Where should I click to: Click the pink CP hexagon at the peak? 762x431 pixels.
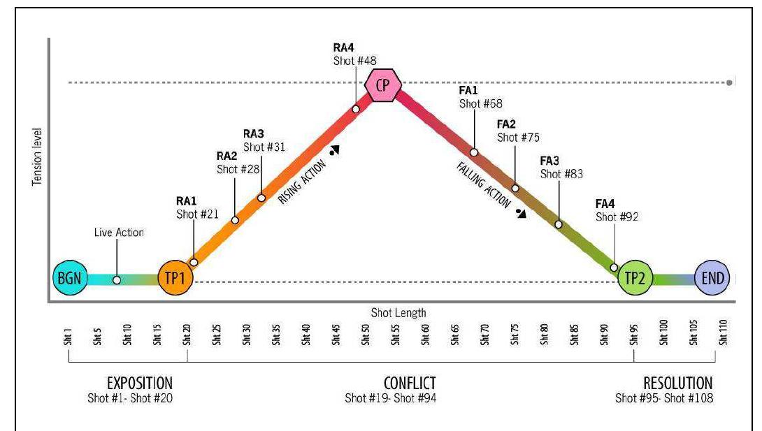[x=382, y=86]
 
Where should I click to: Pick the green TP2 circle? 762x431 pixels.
[x=636, y=278]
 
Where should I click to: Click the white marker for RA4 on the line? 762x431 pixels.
[x=356, y=109]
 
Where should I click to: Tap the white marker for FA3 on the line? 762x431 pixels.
[x=559, y=224]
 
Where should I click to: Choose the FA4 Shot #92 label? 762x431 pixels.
[x=617, y=210]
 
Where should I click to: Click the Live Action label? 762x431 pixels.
[x=119, y=233]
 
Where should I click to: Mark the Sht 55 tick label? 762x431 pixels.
[x=396, y=334]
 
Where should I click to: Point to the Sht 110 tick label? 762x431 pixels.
[x=724, y=334]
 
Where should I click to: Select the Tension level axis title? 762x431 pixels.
[x=36, y=156]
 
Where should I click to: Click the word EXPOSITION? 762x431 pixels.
[x=140, y=383]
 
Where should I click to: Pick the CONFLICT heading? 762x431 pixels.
[x=410, y=383]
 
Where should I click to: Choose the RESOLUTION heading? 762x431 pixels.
[x=677, y=383]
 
